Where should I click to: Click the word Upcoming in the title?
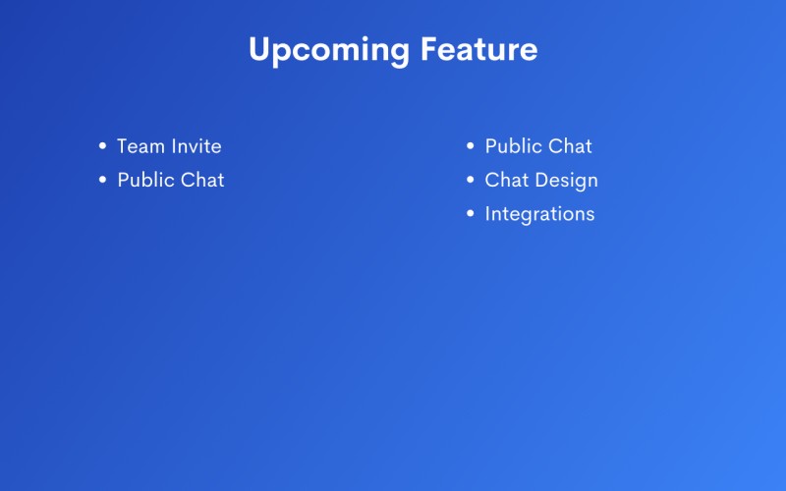pyautogui.click(x=329, y=51)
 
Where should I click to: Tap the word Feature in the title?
pyautogui.click(x=478, y=48)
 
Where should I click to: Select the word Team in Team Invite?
pyautogui.click(x=140, y=146)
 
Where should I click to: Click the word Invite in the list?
pyautogui.click(x=196, y=146)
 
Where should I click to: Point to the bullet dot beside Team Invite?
pyautogui.click(x=103, y=145)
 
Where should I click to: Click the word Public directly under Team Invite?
pyautogui.click(x=145, y=180)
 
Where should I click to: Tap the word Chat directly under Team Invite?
pyautogui.click(x=202, y=180)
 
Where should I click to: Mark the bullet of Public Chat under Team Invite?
pyautogui.click(x=103, y=180)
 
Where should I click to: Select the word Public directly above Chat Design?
pyautogui.click(x=513, y=146)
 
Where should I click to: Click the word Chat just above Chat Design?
pyautogui.click(x=570, y=146)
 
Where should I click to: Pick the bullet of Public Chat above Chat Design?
pyautogui.click(x=471, y=145)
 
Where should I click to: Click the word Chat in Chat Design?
pyautogui.click(x=507, y=180)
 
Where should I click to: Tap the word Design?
pyautogui.click(x=567, y=181)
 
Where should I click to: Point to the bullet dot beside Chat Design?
pyautogui.click(x=471, y=180)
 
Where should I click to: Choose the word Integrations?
pyautogui.click(x=539, y=214)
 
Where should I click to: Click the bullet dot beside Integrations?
pyautogui.click(x=471, y=213)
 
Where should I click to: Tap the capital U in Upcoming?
pyautogui.click(x=260, y=49)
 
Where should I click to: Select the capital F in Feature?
pyautogui.click(x=429, y=48)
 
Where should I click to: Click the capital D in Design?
pyautogui.click(x=543, y=180)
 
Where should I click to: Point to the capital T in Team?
pyautogui.click(x=124, y=146)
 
